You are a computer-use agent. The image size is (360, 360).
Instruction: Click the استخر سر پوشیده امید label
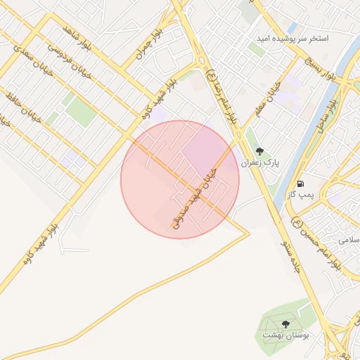(293, 37)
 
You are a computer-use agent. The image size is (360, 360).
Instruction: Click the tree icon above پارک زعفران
(259, 151)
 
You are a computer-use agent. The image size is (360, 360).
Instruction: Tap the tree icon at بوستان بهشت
(285, 324)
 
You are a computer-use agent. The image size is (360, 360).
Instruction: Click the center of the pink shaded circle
(180, 179)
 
